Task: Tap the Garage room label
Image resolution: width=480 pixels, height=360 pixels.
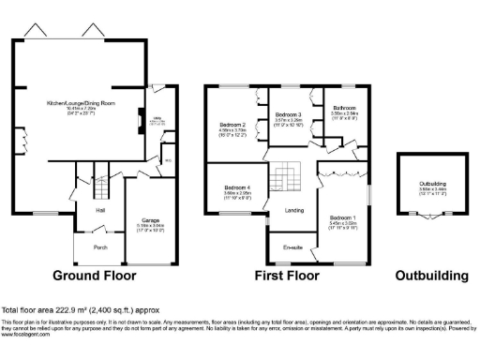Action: tap(150, 221)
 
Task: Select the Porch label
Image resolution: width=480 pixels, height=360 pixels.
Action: tap(99, 247)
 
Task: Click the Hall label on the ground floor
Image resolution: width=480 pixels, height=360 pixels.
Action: tap(99, 210)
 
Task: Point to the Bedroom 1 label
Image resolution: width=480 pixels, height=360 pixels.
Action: tap(340, 218)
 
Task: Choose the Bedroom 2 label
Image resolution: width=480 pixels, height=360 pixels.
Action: tap(232, 125)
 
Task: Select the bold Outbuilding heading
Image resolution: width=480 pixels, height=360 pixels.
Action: tap(431, 277)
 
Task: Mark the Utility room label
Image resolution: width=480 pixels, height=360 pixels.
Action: tap(158, 117)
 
